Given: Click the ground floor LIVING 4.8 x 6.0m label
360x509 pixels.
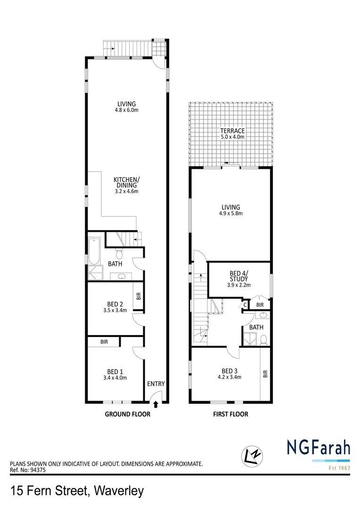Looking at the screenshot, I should point(127,107).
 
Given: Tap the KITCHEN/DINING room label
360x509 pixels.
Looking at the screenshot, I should point(126,185).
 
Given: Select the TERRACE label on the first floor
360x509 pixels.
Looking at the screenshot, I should point(231,134).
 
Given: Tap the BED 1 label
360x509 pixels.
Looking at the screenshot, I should point(115,374).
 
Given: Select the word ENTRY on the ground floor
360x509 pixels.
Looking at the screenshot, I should point(156,384).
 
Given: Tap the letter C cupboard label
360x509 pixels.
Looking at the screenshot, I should point(245,305).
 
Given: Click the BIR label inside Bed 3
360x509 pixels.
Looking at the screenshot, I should point(265,375).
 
